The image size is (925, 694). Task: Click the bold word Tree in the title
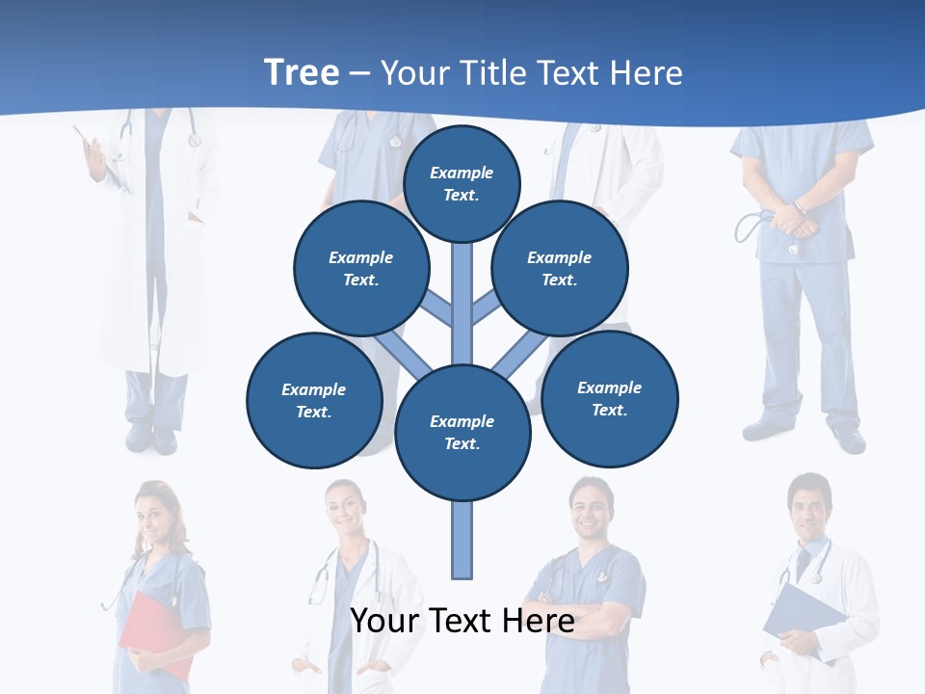[302, 72]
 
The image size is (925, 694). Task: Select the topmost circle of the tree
[462, 183]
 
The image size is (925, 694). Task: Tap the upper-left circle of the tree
[360, 268]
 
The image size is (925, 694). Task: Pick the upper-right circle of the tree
[560, 268]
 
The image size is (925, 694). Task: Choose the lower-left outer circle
[314, 400]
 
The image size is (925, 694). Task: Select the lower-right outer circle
[610, 398]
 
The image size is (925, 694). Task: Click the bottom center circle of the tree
[462, 433]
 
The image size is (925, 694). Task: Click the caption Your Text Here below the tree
[462, 621]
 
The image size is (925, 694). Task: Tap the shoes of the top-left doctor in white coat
[152, 439]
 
